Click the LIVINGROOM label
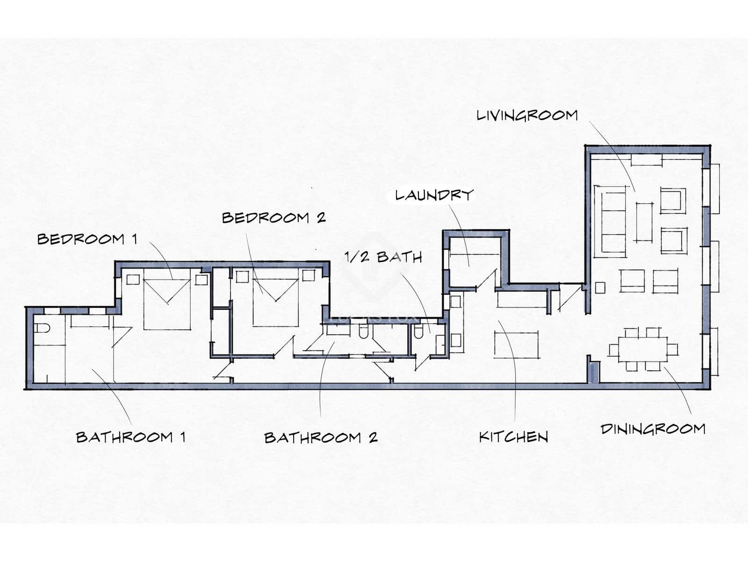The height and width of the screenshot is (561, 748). click(x=527, y=116)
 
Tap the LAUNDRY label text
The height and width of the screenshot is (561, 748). click(x=434, y=195)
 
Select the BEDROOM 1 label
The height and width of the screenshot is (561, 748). click(x=87, y=239)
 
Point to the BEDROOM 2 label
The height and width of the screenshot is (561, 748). click(x=273, y=218)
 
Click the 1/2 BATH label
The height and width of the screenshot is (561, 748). click(x=383, y=257)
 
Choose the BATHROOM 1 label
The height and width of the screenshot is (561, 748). click(x=130, y=437)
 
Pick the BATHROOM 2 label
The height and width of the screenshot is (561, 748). click(x=321, y=438)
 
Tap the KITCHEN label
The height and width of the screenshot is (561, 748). click(x=513, y=437)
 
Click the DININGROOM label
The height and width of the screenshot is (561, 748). click(x=653, y=429)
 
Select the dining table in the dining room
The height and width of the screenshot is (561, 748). click(x=643, y=350)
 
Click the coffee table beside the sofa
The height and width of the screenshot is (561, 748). click(x=644, y=222)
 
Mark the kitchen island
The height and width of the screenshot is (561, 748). click(x=516, y=345)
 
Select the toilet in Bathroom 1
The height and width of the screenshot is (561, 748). click(x=42, y=328)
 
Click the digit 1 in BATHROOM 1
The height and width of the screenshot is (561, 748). click(x=183, y=437)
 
